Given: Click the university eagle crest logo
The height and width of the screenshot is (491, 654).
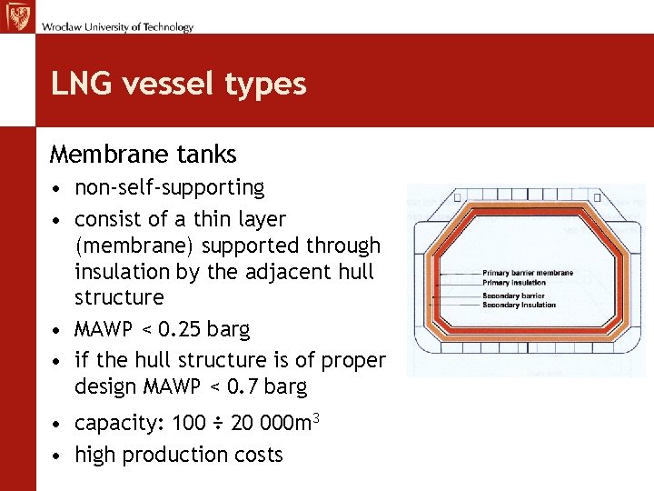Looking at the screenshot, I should pos(17,17).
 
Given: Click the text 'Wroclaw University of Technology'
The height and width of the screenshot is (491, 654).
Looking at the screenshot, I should pos(117,26).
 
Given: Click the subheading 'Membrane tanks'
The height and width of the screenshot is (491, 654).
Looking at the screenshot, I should pos(143,155).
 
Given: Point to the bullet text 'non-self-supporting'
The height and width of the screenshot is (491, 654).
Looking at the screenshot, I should pos(169,188).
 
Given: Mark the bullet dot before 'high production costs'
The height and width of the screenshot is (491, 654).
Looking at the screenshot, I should pos(57,456).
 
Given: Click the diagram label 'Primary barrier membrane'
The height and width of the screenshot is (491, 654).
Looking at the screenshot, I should pos(528,273).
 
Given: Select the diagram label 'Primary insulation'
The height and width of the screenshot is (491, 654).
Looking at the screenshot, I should pos(514,283).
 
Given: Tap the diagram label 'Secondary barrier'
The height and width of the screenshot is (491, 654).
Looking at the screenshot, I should pos(513,296).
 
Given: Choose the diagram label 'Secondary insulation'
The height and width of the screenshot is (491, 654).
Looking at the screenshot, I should pos(519,306).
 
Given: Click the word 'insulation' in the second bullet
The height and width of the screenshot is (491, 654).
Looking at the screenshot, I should pos(118,271).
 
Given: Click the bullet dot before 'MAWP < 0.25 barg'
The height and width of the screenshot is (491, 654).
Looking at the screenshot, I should pos(57,329).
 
